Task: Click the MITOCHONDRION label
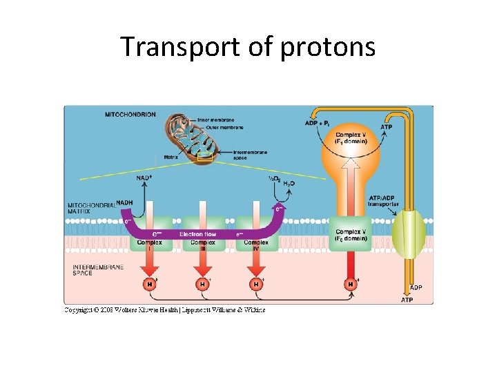(x=130, y=114)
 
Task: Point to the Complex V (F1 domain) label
(x=351, y=137)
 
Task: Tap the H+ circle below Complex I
(x=149, y=284)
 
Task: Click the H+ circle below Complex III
(x=202, y=284)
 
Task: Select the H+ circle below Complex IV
(x=256, y=284)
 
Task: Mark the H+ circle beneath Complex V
(x=351, y=284)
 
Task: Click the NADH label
(x=125, y=202)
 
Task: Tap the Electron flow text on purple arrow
(x=198, y=234)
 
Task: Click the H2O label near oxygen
(x=289, y=183)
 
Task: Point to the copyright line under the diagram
(x=165, y=310)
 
